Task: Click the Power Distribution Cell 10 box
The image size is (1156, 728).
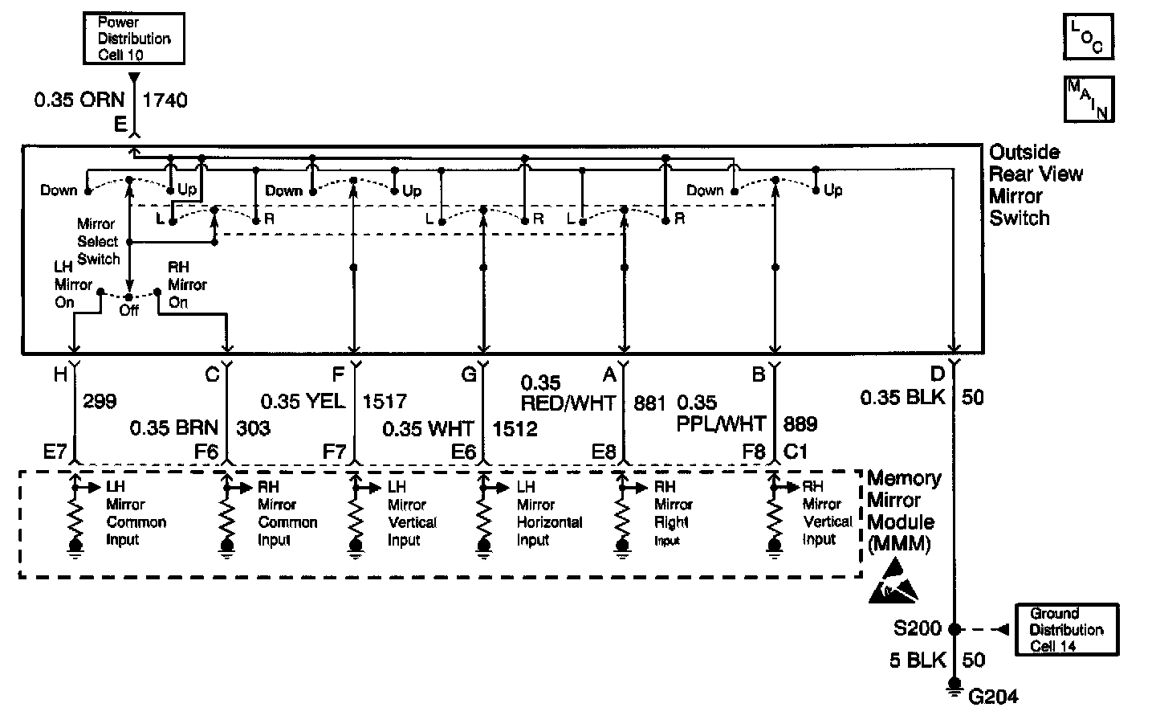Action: pos(134,38)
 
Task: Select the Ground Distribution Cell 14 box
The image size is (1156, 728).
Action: pos(1066,629)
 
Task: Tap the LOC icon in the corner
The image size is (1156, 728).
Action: pos(1088,37)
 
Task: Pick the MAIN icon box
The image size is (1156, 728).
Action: pos(1088,100)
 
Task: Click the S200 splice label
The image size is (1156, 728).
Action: pos(918,629)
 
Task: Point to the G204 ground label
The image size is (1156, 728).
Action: pos(993,696)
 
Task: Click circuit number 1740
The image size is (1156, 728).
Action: pos(165,100)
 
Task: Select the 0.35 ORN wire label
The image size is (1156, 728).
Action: pos(79,100)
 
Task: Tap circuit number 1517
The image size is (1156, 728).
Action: pos(385,401)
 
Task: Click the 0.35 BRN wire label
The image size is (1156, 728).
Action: pos(174,428)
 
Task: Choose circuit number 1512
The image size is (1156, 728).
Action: pos(515,428)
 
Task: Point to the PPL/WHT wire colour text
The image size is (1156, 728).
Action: pos(721,423)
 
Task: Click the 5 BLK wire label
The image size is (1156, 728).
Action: pos(914,661)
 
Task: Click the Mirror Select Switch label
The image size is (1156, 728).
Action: pos(98,241)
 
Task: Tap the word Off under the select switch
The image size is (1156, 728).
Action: pos(128,311)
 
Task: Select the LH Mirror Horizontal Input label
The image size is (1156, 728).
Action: pos(548,513)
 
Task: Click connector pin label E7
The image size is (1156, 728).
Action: pos(55,452)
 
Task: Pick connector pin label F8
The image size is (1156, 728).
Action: pos(753,452)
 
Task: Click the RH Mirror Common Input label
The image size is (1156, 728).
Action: pos(287,513)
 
